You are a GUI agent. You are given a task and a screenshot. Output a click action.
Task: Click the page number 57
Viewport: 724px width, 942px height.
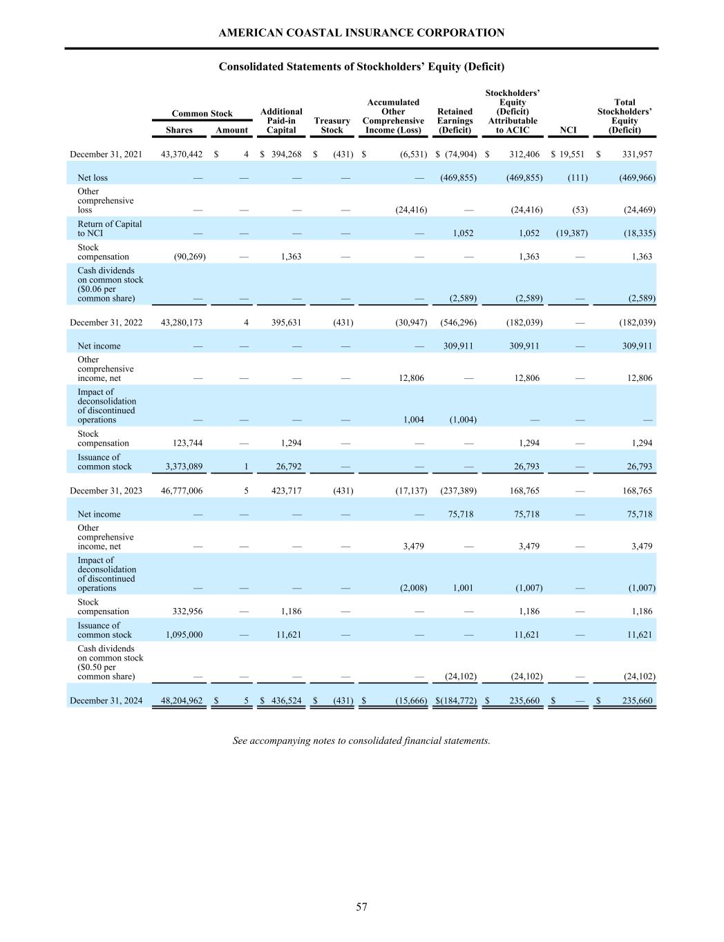(x=361, y=907)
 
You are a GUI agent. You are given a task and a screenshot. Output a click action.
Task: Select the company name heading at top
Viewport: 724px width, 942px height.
(x=361, y=32)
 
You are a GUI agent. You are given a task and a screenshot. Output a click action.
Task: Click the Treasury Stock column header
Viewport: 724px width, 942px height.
(x=332, y=126)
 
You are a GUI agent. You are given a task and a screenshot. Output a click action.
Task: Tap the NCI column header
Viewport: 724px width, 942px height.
(x=567, y=130)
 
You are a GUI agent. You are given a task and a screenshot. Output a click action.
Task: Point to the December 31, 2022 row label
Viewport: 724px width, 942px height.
(x=106, y=322)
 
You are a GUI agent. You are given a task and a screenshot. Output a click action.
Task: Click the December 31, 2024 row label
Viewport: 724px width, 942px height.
(x=106, y=700)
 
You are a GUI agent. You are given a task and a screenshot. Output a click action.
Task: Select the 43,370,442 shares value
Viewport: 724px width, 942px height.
(x=182, y=155)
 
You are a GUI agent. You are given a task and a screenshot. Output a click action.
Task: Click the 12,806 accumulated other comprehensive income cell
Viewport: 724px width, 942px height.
(x=412, y=378)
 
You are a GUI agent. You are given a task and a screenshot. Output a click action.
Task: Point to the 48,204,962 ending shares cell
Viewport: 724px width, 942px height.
(x=182, y=700)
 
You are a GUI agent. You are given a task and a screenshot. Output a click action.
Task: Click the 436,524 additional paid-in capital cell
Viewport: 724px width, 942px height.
(x=284, y=700)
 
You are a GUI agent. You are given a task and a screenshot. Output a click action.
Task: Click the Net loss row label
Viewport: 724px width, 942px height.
(x=93, y=178)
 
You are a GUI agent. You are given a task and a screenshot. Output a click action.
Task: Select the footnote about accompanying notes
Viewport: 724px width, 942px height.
(x=361, y=740)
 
